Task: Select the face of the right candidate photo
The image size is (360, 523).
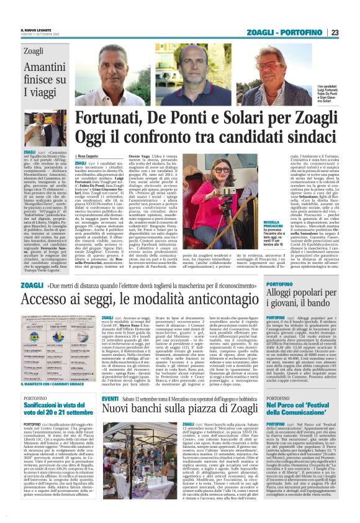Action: [272, 63]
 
